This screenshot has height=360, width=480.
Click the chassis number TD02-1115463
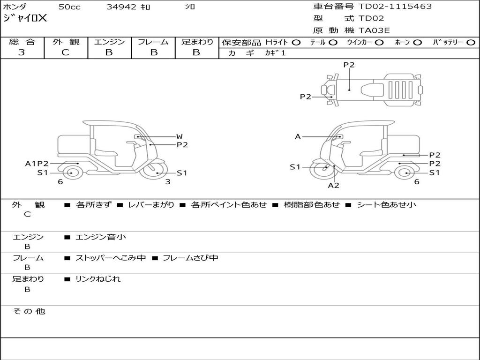[x=395, y=7]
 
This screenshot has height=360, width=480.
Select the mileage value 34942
[x=121, y=7]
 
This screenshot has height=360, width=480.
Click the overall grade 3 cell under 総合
[x=22, y=52]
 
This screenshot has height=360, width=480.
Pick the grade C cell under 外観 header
[x=66, y=52]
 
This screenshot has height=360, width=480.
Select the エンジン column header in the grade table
[x=109, y=42]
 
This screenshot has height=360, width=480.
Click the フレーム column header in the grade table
[x=153, y=42]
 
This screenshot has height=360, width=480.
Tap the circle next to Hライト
[x=296, y=42]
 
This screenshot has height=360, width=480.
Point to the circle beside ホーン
[x=417, y=42]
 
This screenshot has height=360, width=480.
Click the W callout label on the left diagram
[x=179, y=137]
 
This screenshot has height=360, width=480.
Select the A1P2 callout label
[x=37, y=164]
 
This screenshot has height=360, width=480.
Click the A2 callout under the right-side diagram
[x=333, y=185]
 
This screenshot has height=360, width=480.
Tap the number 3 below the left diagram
[x=167, y=182]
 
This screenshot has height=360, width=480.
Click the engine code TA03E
[x=374, y=30]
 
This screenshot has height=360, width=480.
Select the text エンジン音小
[x=101, y=237]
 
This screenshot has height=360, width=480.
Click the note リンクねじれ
[x=98, y=279]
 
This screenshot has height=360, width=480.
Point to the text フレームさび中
[x=190, y=258]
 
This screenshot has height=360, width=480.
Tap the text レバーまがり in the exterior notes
[x=151, y=205]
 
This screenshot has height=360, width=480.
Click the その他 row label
[x=29, y=311]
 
